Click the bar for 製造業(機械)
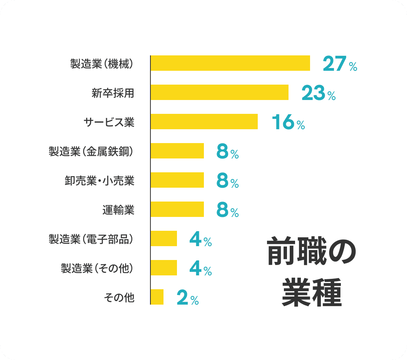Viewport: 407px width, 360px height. [230, 63]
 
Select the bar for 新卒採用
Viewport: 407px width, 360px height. [219, 92]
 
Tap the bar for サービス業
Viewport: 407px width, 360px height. [204, 122]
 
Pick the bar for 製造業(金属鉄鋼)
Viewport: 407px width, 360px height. [177, 151]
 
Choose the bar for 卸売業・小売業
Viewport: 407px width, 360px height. [177, 180]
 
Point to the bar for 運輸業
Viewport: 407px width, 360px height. [177, 209]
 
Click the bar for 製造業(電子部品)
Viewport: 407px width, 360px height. [163, 238]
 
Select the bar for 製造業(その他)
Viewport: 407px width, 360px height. [163, 268]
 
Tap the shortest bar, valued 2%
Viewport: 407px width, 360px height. [157, 297]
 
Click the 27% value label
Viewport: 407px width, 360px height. [340, 64]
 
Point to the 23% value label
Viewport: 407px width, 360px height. [318, 93]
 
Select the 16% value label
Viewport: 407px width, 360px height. [288, 123]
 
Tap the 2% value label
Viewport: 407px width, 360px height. [187, 298]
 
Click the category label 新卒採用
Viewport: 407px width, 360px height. [113, 93]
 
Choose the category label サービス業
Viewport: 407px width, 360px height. [109, 122]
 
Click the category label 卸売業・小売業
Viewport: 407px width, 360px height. [100, 180]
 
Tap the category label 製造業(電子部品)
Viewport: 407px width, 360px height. [91, 239]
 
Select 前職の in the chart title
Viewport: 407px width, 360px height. [312, 252]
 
